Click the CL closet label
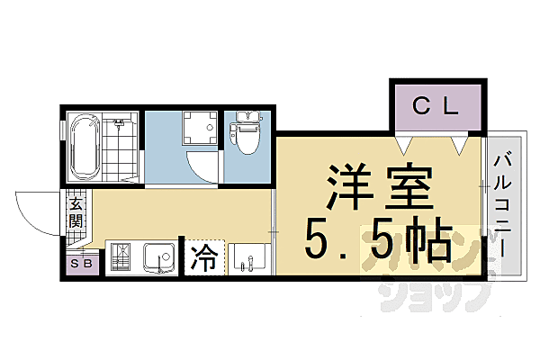[x=436, y=106]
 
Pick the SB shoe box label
[x=81, y=264]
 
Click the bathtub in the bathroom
[x=84, y=148]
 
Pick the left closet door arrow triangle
[x=406, y=143]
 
